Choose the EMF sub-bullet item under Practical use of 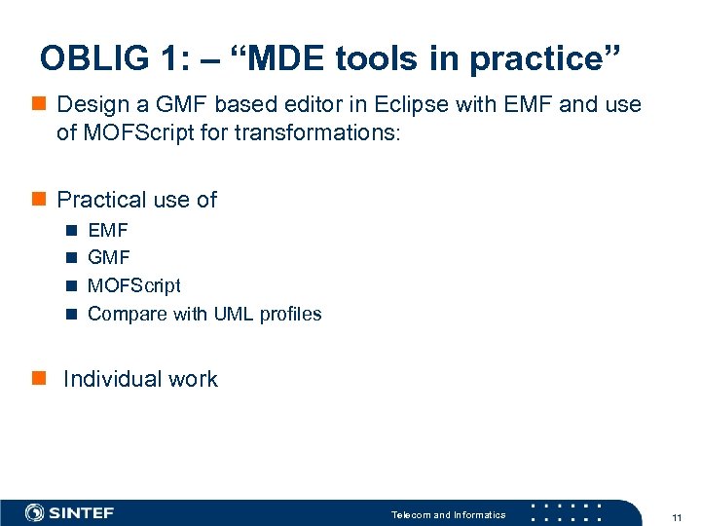coord(107,231)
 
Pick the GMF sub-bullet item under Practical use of coord(108,258)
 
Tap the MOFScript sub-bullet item coord(133,285)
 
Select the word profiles coord(289,314)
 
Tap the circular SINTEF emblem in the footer coord(35,512)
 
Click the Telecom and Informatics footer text coord(448,514)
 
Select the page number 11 coord(676,515)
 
